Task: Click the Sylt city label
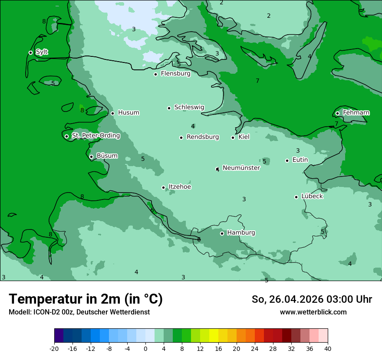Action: (x=42, y=52)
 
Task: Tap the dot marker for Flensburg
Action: (x=155, y=74)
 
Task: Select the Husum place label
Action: (x=128, y=113)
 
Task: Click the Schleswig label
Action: (x=189, y=107)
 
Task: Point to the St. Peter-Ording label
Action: (x=95, y=135)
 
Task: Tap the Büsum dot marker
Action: (x=91, y=157)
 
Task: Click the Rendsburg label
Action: (x=202, y=137)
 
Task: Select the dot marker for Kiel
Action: (x=233, y=137)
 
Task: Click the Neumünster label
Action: (x=241, y=168)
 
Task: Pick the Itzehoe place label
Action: (x=180, y=187)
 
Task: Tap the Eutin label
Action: (x=300, y=160)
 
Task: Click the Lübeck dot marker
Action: (x=296, y=197)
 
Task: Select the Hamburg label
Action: (x=241, y=232)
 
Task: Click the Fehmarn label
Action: (x=356, y=113)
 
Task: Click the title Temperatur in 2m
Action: (x=86, y=299)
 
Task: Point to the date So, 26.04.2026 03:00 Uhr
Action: (x=311, y=299)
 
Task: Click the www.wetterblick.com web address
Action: (x=313, y=312)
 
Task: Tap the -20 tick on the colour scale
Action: (x=54, y=349)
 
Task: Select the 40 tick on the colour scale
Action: (x=327, y=349)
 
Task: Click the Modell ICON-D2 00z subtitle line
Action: (x=79, y=312)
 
